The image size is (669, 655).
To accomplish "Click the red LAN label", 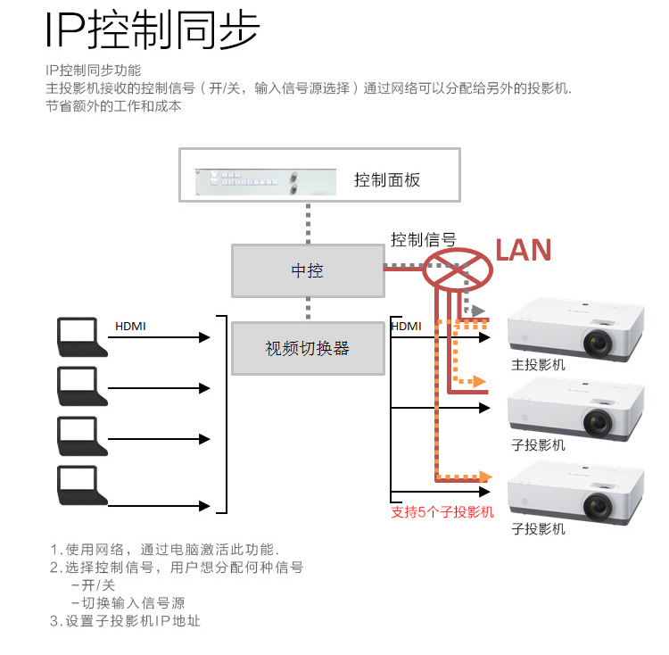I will pos(524,250).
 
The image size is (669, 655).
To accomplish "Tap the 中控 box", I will pos(307,271).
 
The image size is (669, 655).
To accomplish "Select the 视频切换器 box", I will pos(307,349).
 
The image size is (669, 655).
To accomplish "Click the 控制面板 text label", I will pos(387,180).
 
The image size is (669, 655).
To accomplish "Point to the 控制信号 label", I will pos(423,239).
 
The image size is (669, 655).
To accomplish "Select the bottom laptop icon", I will pos(77,485).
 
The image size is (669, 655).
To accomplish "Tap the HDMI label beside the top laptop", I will pos(130,327).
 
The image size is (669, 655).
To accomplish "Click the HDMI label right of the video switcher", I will pos(406,327).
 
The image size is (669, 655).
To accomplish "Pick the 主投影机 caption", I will pos(538,364).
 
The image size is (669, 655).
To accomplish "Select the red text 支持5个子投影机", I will pos(442,512).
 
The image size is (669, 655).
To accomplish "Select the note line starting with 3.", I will pos(125,621).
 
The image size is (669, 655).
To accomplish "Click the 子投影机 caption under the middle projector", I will pos(538,445).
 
